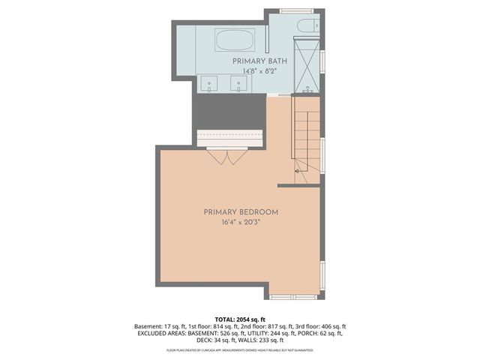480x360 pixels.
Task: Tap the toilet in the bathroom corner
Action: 306,26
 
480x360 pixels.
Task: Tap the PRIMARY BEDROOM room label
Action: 241,212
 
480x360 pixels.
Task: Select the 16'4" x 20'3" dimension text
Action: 241,223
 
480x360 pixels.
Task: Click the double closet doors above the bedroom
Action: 227,157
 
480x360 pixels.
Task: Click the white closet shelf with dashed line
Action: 229,138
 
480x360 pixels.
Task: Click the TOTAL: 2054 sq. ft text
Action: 240,319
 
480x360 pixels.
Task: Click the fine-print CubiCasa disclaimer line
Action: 240,349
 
